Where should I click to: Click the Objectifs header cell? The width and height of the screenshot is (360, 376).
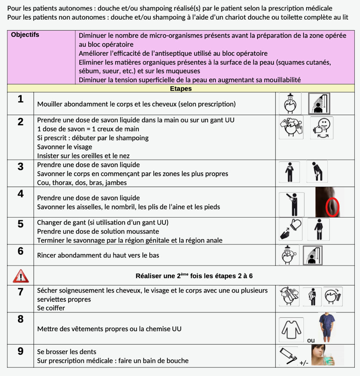(25, 35)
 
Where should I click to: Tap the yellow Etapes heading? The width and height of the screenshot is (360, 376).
(181, 89)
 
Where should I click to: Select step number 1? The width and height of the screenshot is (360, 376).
(21, 99)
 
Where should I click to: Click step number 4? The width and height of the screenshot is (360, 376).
(21, 194)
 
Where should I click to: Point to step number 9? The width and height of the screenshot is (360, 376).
(21, 351)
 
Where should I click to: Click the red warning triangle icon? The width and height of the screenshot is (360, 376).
(21, 277)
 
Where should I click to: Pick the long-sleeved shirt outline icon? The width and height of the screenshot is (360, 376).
(291, 329)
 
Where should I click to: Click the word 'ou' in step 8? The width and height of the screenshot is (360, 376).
(311, 340)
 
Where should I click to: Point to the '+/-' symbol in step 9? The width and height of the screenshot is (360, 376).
(303, 363)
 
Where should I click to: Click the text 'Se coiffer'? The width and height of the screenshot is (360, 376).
(51, 308)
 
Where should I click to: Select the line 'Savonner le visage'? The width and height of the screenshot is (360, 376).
(64, 147)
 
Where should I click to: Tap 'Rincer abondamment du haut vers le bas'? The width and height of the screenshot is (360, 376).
(98, 255)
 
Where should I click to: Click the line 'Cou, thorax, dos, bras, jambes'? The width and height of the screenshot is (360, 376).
(82, 183)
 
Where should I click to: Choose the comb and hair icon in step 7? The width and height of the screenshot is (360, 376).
(333, 296)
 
